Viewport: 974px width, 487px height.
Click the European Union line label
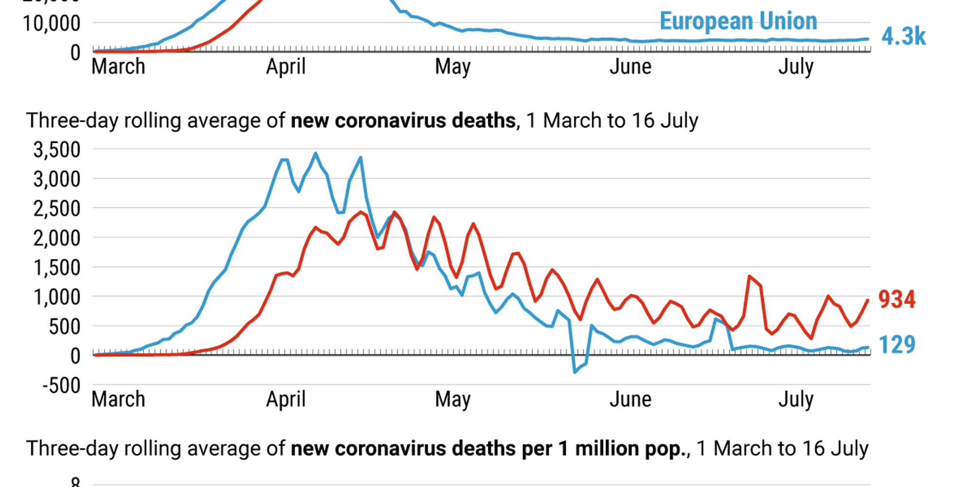(x=738, y=21)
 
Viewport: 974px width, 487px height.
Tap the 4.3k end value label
(x=903, y=37)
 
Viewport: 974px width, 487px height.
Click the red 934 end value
(x=897, y=299)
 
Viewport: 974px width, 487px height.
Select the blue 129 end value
(x=897, y=345)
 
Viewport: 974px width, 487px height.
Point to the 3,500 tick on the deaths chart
(x=56, y=150)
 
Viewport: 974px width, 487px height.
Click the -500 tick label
(x=61, y=386)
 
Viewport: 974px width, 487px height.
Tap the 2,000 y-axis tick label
(x=56, y=239)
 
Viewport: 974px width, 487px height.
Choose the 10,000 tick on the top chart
(x=52, y=23)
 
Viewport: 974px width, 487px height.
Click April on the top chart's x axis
(x=286, y=67)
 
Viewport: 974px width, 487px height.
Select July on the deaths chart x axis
(x=796, y=399)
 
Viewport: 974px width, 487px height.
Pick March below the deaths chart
(x=118, y=399)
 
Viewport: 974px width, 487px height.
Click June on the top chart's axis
(x=630, y=67)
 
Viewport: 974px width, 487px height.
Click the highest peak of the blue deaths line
(x=316, y=154)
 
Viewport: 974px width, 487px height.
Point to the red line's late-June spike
(x=749, y=277)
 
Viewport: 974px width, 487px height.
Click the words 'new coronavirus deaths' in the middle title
(x=403, y=121)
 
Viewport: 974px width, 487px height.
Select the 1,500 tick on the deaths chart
(x=56, y=268)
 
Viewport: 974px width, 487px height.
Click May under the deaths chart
(x=452, y=399)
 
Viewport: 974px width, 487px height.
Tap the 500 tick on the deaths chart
(x=64, y=327)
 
